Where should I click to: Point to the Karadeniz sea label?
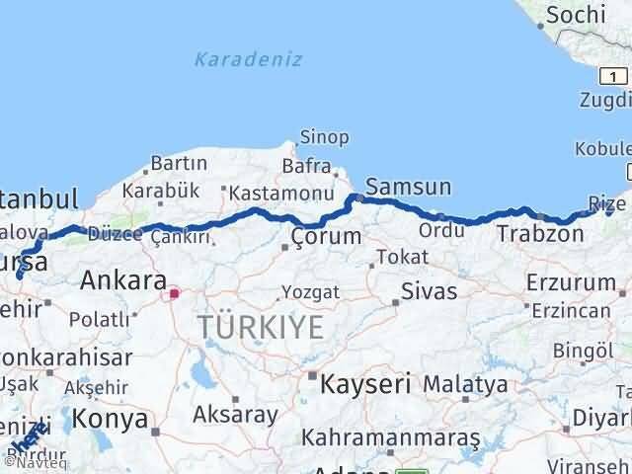tap(235, 60)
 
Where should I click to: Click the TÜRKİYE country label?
tap(261, 327)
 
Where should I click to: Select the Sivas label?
tap(430, 291)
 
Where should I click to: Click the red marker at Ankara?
tap(175, 293)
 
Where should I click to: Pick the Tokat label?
tap(407, 257)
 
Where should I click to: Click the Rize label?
tap(606, 202)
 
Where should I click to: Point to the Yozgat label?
tap(310, 292)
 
